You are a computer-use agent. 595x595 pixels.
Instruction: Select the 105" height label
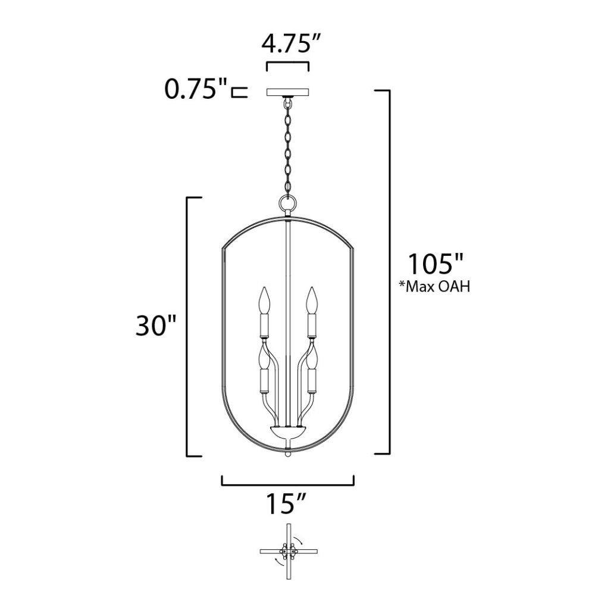coord(436,264)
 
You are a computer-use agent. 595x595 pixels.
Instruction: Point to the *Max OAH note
coord(434,287)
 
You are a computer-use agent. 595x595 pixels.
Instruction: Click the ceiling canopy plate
coord(288,93)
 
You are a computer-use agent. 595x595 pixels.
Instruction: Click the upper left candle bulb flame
coord(265,300)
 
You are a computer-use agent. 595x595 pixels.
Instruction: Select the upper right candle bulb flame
coord(312,300)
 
